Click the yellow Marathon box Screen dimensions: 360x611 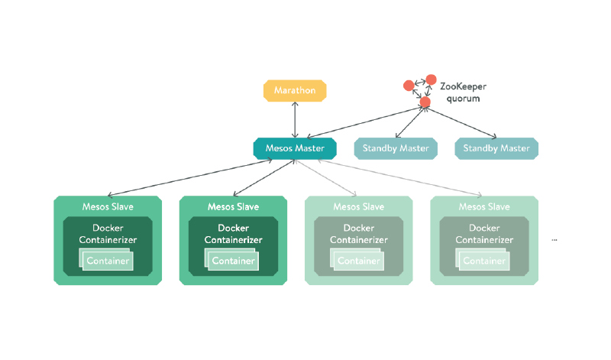pyautogui.click(x=295, y=90)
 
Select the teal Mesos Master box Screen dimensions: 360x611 pyautogui.click(x=295, y=148)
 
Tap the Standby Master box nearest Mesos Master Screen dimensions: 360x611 pyautogui.click(x=396, y=148)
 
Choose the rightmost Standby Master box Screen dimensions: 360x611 pyautogui.click(x=496, y=148)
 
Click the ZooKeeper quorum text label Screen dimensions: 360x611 pyautogui.click(x=463, y=93)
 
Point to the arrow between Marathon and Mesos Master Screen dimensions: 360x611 pyautogui.click(x=295, y=119)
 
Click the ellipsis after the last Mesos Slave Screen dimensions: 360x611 pyautogui.click(x=554, y=240)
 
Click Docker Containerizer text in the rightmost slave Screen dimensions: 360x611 pyautogui.click(x=484, y=234)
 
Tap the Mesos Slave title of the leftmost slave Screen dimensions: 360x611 pyautogui.click(x=108, y=206)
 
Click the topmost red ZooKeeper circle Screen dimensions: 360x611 pyautogui.click(x=431, y=79)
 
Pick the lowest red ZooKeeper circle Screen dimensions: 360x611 pyautogui.click(x=425, y=101)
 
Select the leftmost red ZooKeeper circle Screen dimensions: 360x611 pyautogui.click(x=409, y=85)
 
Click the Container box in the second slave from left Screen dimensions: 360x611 pyautogui.click(x=234, y=261)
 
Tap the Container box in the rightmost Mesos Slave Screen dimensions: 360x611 pyautogui.click(x=485, y=261)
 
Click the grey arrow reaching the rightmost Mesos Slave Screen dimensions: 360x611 pyautogui.click(x=412, y=178)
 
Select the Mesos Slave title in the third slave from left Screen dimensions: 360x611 pyautogui.click(x=359, y=206)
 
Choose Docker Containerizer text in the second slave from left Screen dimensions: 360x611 pyautogui.click(x=234, y=234)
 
